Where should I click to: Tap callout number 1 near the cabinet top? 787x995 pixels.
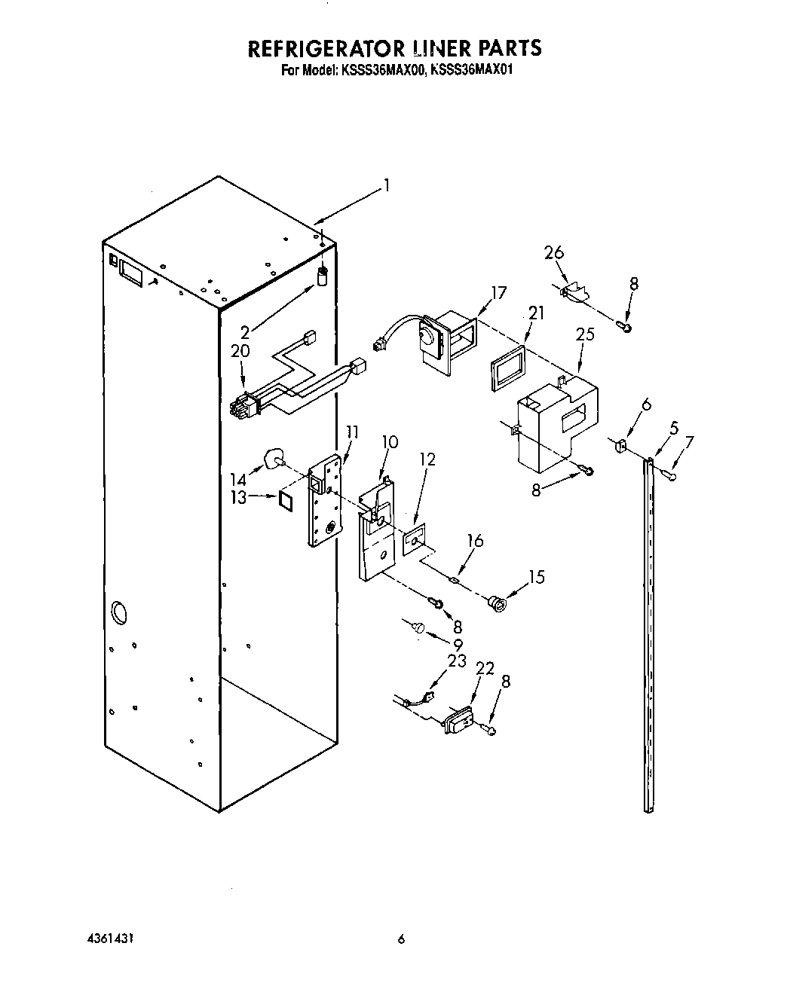(386, 185)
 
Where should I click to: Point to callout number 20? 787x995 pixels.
(240, 351)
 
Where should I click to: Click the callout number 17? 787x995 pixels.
(498, 292)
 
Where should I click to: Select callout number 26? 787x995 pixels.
(554, 252)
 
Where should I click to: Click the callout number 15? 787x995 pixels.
(536, 577)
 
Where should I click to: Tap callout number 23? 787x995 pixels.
(456, 661)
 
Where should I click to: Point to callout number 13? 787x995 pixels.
(239, 497)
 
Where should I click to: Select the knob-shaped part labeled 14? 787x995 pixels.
(275, 459)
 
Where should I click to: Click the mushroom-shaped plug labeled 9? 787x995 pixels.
(419, 625)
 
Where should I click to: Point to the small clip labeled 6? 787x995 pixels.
(622, 447)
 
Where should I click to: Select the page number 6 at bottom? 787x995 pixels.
(401, 939)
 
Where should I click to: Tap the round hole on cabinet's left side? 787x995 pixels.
(118, 612)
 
